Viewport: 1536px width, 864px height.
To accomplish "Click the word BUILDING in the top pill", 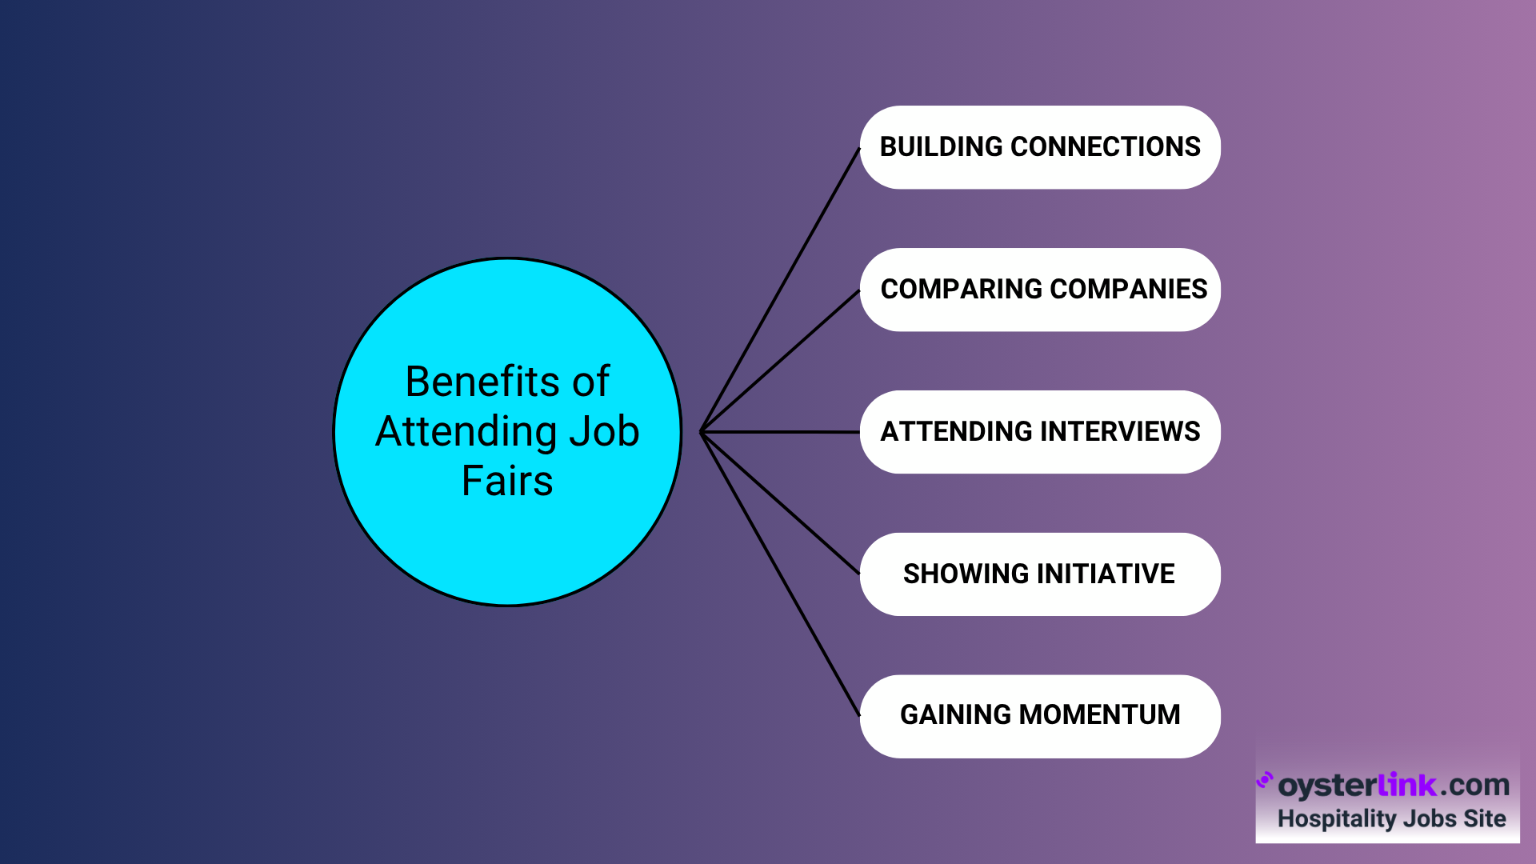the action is click(x=941, y=147).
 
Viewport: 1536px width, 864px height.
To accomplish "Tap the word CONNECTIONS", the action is click(x=1106, y=147).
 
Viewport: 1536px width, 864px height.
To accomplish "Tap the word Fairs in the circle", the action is click(x=507, y=482).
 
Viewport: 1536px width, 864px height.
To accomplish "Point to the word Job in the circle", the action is click(x=604, y=432).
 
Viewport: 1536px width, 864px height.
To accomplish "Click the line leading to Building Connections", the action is click(x=780, y=290).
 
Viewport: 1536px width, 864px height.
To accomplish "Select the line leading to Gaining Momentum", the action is click(x=780, y=574).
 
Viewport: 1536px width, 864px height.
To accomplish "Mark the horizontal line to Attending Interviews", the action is click(x=780, y=432).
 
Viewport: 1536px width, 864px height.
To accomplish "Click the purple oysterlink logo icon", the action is click(x=1265, y=780).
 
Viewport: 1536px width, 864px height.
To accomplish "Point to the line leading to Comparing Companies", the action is click(x=780, y=361).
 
